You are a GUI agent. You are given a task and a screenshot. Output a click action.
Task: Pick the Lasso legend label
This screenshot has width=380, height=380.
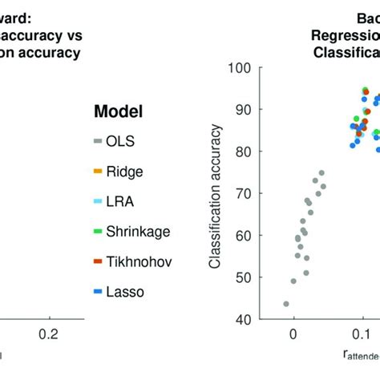(133, 292)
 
